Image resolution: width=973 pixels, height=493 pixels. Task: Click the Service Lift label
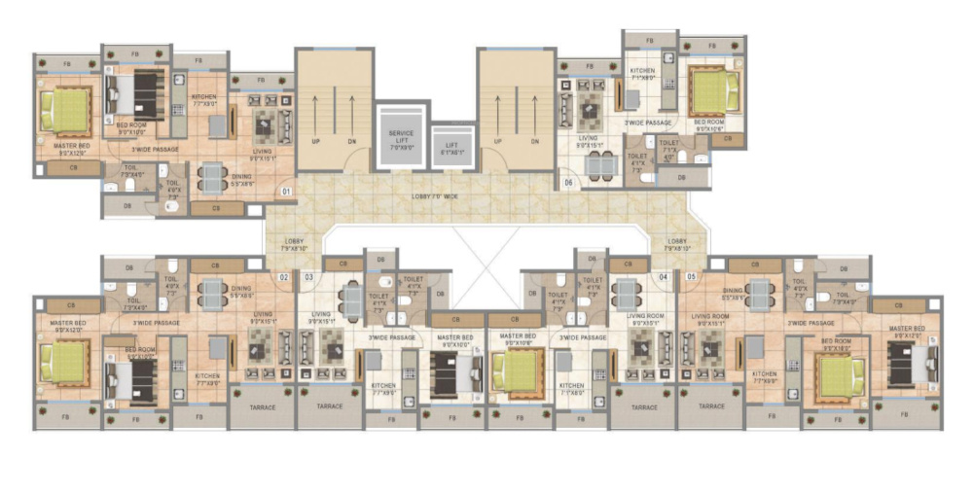tap(401, 139)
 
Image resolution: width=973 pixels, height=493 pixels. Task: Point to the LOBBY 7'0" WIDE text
tap(434, 197)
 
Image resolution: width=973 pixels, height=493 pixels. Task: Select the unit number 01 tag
tap(286, 192)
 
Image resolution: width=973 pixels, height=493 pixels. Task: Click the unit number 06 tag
tap(568, 182)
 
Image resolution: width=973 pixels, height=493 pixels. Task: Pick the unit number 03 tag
tap(308, 277)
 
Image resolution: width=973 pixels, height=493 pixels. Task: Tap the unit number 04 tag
tap(664, 277)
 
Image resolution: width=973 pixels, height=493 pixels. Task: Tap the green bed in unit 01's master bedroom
tap(67, 113)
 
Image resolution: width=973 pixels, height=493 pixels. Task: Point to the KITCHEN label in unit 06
tap(641, 71)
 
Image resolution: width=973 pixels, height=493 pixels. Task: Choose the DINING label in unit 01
tap(215, 178)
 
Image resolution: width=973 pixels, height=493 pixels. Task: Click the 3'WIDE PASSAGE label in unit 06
tap(648, 123)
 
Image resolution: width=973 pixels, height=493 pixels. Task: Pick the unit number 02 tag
tap(283, 277)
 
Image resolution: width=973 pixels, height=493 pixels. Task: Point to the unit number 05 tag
tap(691, 277)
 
